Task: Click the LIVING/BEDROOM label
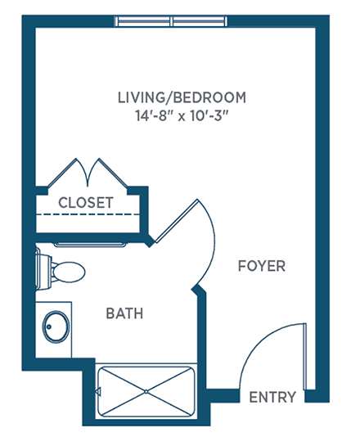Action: coord(182,97)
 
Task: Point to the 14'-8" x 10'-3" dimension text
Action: coord(182,115)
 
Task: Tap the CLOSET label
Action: coord(86,202)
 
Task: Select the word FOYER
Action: coord(262,266)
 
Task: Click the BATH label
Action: coord(124,313)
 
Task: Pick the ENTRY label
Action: coord(272,397)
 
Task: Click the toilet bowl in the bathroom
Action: coord(68,272)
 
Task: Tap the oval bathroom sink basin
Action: coord(56,327)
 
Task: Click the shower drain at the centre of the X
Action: coord(146,392)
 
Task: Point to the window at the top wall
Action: coord(171,21)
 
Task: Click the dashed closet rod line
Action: coord(88,214)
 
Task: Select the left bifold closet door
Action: coord(68,173)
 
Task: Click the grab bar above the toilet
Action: coord(90,245)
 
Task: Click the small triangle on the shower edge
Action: coord(98,392)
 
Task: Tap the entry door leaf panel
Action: coord(305,356)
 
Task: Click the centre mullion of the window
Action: coord(172,21)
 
